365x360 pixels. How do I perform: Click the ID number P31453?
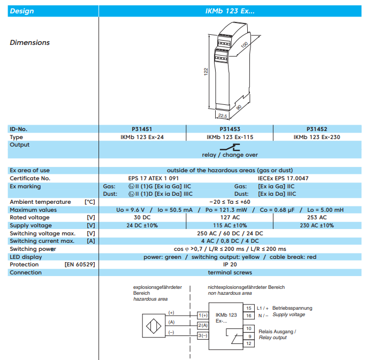[230, 129]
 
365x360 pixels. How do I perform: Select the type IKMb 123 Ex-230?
[317, 137]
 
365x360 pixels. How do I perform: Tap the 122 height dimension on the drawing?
[206, 72]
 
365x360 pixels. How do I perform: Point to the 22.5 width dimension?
[223, 116]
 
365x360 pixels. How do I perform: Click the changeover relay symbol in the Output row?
[230, 147]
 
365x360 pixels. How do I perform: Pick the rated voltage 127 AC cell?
[230, 217]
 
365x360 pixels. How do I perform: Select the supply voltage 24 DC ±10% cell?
[142, 225]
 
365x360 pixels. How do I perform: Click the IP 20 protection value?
[230, 264]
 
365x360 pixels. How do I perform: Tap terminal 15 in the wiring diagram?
[249, 308]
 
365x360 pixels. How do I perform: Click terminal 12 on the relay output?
[249, 343]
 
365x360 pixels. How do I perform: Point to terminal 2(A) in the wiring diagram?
[203, 325]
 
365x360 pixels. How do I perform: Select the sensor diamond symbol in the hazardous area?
[154, 326]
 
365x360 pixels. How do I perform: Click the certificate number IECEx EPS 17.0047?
[283, 178]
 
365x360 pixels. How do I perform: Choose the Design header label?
[22, 11]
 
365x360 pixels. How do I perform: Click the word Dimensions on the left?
[29, 42]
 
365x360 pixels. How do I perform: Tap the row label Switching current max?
[42, 241]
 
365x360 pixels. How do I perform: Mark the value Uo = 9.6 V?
[131, 210]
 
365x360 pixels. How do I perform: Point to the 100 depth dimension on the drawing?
[244, 44]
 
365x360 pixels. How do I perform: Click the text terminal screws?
[230, 272]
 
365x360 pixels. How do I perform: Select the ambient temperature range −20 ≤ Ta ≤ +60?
[230, 202]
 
